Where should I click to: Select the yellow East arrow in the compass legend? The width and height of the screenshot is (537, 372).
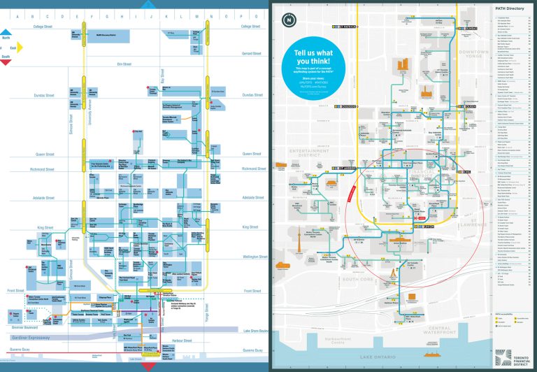coord(20,48)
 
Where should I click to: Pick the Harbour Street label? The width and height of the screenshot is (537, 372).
coord(182,322)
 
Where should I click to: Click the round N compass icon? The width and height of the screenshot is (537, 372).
coord(289,20)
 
